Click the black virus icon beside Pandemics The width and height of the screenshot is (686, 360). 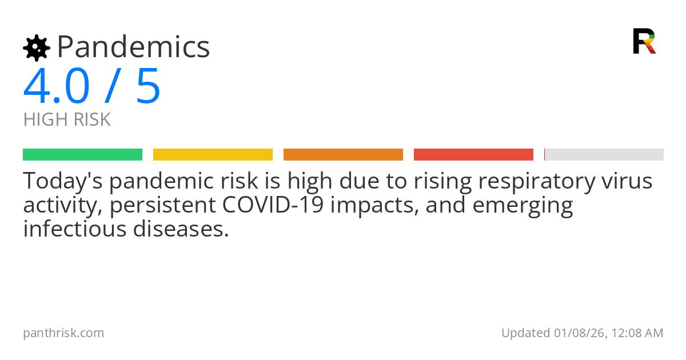pyautogui.click(x=37, y=47)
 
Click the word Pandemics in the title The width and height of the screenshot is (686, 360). pyautogui.click(x=133, y=47)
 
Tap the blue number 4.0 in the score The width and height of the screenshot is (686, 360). pyautogui.click(x=57, y=87)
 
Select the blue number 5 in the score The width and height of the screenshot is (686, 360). pyautogui.click(x=148, y=87)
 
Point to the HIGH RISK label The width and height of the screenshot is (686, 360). pyautogui.click(x=67, y=119)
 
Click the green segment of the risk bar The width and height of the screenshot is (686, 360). pyautogui.click(x=82, y=154)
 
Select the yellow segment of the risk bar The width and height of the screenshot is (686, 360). pyautogui.click(x=213, y=154)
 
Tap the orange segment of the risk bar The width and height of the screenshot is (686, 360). pyautogui.click(x=343, y=154)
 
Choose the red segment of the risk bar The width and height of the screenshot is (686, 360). pyautogui.click(x=473, y=154)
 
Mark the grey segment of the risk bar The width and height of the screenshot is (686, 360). pyautogui.click(x=604, y=154)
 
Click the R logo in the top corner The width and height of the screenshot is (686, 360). pyautogui.click(x=644, y=41)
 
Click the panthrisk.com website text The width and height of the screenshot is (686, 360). pyautogui.click(x=63, y=333)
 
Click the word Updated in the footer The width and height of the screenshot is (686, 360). pyautogui.click(x=525, y=333)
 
